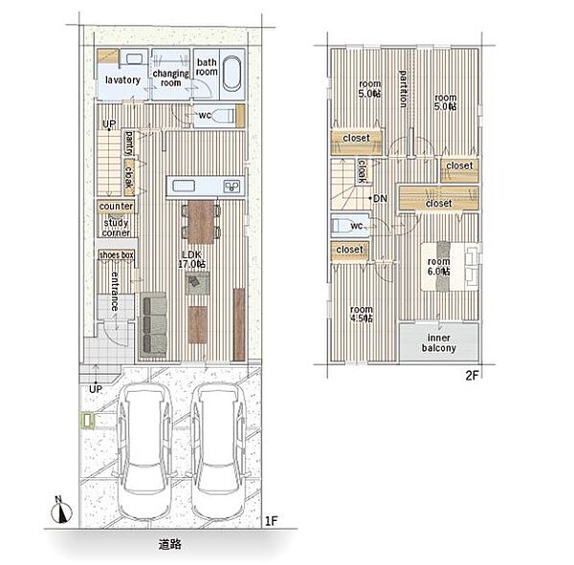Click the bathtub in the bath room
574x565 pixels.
[232, 74]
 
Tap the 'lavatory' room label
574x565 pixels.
[122, 79]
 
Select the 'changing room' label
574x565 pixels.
[170, 78]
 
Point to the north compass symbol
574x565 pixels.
[61, 510]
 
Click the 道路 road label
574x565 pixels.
[170, 544]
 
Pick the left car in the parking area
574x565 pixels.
[144, 451]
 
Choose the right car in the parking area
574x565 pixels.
[219, 451]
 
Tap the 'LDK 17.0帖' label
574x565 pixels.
[191, 259]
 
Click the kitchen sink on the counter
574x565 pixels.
[184, 185]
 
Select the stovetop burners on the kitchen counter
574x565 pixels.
[232, 186]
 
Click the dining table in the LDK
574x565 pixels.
[201, 222]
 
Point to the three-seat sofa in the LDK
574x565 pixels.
[153, 325]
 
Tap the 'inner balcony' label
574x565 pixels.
[438, 342]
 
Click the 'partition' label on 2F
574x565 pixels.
[403, 89]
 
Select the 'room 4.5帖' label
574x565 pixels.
[362, 314]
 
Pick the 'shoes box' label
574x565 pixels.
[117, 255]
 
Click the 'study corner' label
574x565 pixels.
[116, 228]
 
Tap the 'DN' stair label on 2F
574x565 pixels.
[380, 198]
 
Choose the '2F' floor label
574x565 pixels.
[472, 376]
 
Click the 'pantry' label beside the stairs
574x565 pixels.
[129, 143]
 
